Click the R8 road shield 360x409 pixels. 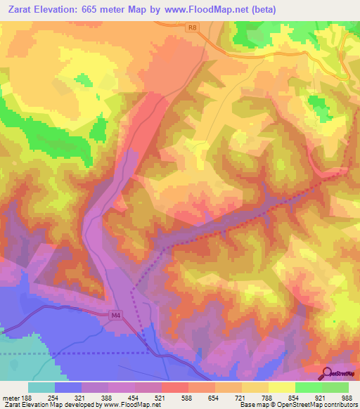tap(193, 27)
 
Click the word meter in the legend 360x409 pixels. tap(12, 397)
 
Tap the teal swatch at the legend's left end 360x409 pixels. tap(41, 387)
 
